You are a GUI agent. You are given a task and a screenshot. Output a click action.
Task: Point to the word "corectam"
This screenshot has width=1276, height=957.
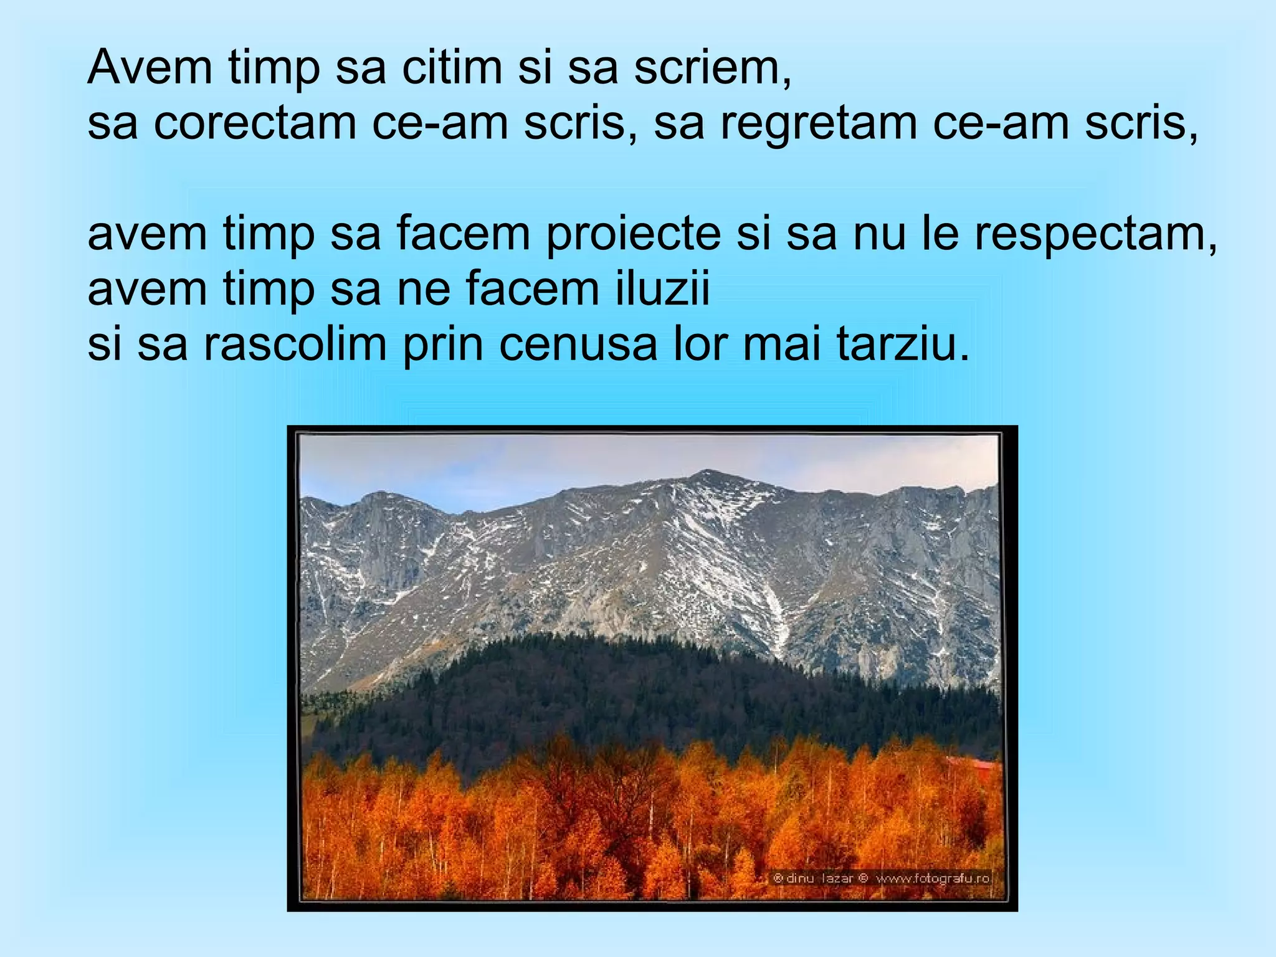[255, 123]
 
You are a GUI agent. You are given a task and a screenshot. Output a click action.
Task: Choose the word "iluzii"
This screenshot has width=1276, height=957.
[663, 289]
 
